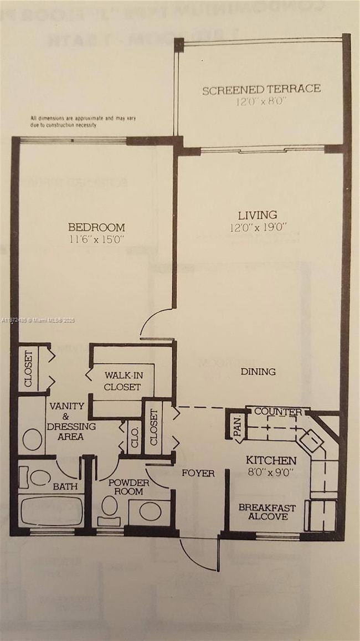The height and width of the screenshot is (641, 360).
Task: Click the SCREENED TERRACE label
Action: pos(261,89)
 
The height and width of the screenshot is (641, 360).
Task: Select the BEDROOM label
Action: pos(96,227)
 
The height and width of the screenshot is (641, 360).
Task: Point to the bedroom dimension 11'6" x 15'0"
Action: pos(96,239)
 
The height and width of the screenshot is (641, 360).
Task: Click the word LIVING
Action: pos(258,214)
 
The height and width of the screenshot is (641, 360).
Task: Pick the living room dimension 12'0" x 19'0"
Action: pos(258,227)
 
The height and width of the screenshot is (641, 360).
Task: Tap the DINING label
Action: pos(258,371)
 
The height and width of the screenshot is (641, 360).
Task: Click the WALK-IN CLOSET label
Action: pos(122,381)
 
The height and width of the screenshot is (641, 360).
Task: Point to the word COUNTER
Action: pos(278,412)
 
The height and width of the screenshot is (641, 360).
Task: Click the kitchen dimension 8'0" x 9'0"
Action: pos(271,473)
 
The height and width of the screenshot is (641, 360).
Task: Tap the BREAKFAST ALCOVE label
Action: pos(267,512)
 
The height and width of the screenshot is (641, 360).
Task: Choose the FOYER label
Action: pos(198,473)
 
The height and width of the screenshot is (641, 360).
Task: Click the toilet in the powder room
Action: pos(110,507)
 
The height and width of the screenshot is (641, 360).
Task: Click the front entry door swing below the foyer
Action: pos(199,554)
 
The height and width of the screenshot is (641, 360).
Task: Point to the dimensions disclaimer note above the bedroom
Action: pos(83,121)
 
